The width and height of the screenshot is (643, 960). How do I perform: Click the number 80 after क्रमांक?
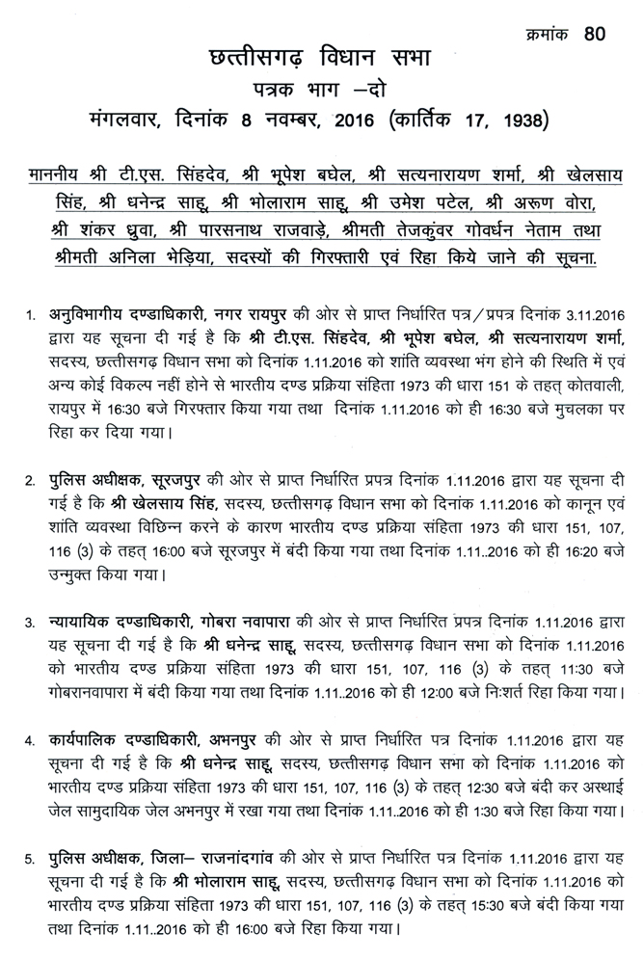coord(595,36)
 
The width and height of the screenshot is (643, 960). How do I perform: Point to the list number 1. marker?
coord(31,314)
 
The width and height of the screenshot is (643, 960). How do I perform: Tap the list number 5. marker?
coord(31,856)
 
